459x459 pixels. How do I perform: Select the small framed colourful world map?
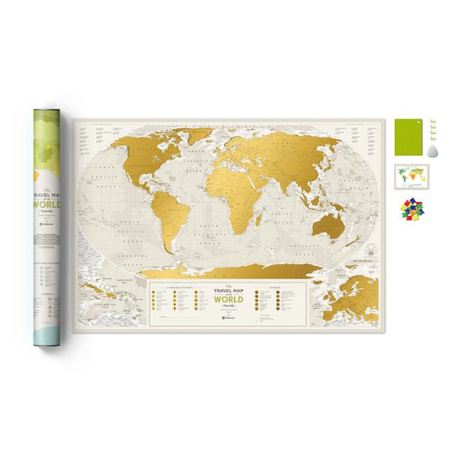412,177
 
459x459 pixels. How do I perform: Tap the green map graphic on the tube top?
52,142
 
